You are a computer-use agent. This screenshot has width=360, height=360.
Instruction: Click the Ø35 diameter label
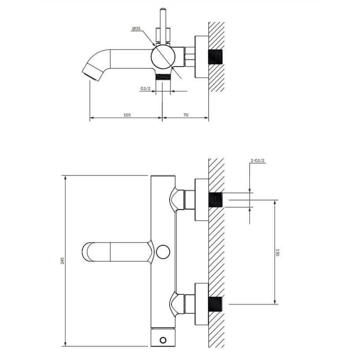pos(136,29)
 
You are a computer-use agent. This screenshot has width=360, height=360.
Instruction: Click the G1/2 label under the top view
pos(145,88)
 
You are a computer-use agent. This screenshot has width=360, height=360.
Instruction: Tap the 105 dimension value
pos(127,115)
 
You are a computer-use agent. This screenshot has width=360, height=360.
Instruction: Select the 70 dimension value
pos(186,115)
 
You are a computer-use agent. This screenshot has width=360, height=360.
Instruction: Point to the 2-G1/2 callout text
pos(257,161)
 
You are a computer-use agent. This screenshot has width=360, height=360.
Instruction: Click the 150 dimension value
pos(277,252)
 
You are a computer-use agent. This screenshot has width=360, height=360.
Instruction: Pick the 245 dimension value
pos(63,261)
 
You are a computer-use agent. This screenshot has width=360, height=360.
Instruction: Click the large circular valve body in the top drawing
pos(163,57)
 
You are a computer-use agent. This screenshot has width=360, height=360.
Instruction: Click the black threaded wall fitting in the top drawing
pos(216,57)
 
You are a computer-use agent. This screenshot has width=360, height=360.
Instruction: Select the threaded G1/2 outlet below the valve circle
pos(163,77)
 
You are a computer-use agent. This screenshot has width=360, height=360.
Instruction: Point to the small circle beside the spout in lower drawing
pos(163,252)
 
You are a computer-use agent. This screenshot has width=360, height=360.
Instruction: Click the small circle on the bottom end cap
pos(163,340)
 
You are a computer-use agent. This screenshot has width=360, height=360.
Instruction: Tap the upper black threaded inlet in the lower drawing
pos(216,200)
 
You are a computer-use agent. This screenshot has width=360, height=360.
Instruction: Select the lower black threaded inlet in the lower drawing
pos(216,304)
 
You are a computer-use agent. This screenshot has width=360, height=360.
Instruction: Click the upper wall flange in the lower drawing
pos(202,200)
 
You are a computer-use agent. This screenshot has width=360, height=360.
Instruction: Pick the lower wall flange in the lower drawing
pos(202,304)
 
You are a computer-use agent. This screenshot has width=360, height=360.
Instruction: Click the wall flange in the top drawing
pos(202,57)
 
